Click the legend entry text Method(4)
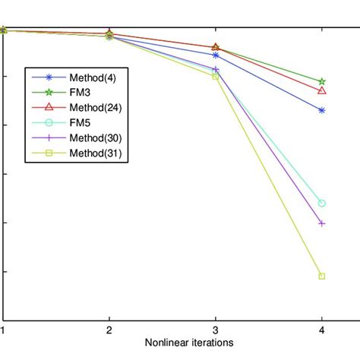point(93,77)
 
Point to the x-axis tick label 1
point(3,330)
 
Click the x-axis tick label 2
point(109,330)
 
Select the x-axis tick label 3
point(216,330)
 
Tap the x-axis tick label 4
point(322,330)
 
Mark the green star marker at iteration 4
point(322,81)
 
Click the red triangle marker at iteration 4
point(322,90)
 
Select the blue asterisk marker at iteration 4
point(322,110)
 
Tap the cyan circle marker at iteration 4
point(322,204)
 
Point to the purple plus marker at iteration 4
point(322,223)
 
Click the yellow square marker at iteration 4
point(322,276)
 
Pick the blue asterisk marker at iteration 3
point(216,55)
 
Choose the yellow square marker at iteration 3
point(216,76)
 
